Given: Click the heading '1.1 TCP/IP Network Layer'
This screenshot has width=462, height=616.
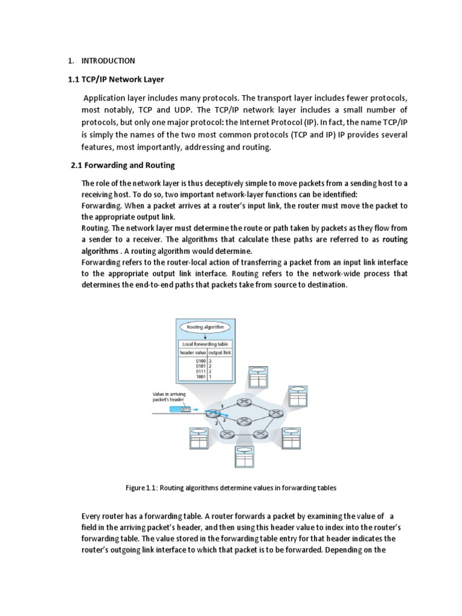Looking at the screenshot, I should pos(115,79).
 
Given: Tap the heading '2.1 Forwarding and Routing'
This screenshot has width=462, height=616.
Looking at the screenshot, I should pos(123,165).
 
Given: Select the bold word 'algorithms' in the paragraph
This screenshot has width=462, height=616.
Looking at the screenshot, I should pos(100,250).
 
